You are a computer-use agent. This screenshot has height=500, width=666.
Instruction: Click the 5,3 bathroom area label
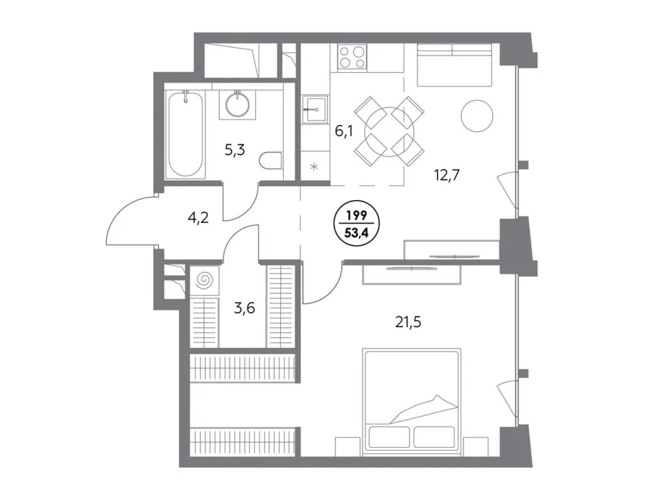point(235,150)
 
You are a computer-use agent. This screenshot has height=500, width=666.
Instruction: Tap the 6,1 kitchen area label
point(344,131)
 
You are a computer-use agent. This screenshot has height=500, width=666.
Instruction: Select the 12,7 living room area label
point(447,175)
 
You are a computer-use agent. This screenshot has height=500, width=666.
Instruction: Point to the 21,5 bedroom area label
point(408,323)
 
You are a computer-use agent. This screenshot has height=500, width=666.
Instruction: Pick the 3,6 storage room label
point(244,308)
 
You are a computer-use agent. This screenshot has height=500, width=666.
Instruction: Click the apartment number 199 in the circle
point(357,215)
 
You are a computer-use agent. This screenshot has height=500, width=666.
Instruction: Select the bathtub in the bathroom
point(185,134)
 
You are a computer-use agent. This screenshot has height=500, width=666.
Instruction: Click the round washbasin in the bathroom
point(237,103)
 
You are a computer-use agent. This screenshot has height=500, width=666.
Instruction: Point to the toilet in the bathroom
point(271,160)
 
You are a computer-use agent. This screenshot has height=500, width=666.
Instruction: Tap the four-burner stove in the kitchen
point(352,58)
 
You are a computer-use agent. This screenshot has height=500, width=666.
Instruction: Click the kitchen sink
point(315,109)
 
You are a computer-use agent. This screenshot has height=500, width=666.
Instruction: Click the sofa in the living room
point(454,65)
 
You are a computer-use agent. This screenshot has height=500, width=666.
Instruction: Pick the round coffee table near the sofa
point(477,116)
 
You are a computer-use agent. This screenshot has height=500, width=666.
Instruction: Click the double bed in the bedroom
point(411,402)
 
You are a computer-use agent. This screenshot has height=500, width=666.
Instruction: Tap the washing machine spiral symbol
point(204,280)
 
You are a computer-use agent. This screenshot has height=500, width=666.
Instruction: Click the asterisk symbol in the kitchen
point(314,167)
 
